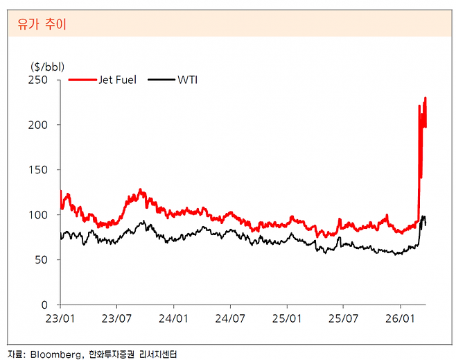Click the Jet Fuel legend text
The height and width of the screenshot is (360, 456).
[x=117, y=80]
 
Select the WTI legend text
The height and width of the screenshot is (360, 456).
[x=188, y=80]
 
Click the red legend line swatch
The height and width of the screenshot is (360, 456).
[x=82, y=80]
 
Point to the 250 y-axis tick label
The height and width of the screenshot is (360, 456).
[x=38, y=80]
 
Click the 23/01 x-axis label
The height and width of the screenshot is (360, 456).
[x=60, y=319]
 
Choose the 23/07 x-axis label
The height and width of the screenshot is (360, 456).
[x=117, y=319]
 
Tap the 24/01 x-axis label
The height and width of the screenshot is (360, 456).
[x=174, y=319]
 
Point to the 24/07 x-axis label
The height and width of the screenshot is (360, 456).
[x=231, y=319]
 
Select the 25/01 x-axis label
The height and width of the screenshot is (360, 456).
[x=288, y=319]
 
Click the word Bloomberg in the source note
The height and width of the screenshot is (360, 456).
[x=55, y=353]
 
